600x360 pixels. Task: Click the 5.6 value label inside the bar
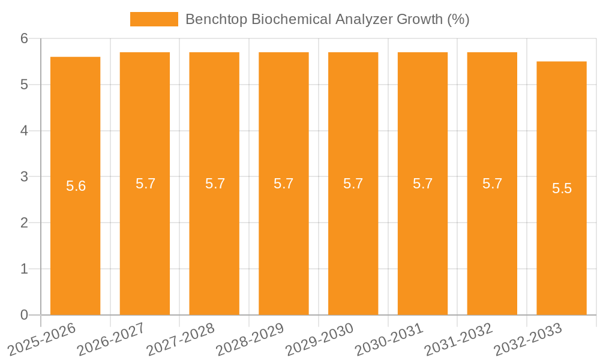point(76,186)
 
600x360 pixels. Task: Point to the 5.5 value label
point(562,188)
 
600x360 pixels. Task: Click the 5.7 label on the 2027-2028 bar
point(215,184)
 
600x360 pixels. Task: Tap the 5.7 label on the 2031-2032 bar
point(492,184)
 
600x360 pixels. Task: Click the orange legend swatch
point(154,19)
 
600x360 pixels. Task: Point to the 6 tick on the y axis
point(24,38)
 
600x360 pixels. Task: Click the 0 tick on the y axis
point(24,315)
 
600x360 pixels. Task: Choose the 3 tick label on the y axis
point(24,177)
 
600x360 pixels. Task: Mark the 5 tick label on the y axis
point(24,85)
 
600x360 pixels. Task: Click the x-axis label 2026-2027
point(112,339)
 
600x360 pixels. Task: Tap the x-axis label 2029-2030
point(320,339)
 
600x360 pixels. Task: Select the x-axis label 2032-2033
point(528,339)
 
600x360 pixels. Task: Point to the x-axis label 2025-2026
point(42,339)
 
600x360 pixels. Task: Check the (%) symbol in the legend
point(458,19)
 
